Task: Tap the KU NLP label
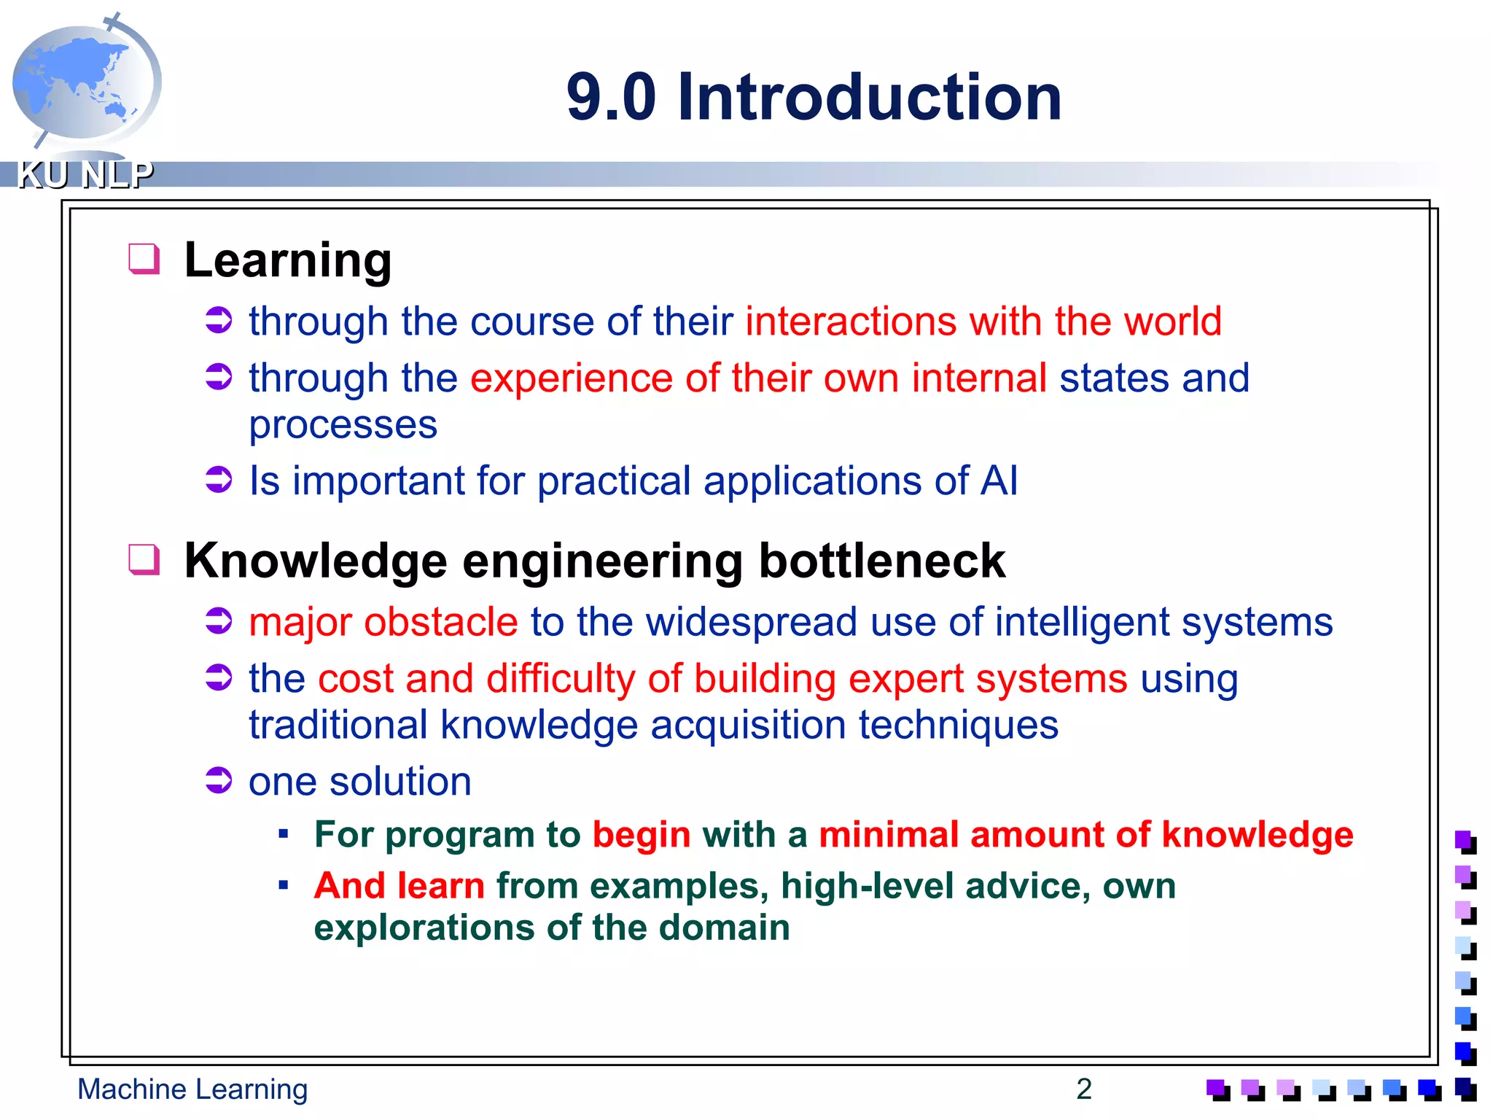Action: click(x=85, y=175)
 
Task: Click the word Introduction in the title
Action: click(x=869, y=97)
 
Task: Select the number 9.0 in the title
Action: click(x=611, y=97)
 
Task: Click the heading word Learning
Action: click(x=288, y=260)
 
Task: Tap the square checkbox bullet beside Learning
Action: click(x=144, y=259)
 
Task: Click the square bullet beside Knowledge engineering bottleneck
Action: click(x=144, y=560)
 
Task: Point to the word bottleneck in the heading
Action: click(x=881, y=561)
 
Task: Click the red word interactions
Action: click(x=850, y=322)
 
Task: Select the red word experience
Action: click(x=571, y=378)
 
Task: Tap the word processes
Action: click(x=343, y=425)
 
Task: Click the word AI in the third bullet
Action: click(x=999, y=481)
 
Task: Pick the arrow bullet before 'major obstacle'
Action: click(x=218, y=621)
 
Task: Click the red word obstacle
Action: click(x=440, y=622)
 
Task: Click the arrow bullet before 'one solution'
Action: click(x=218, y=780)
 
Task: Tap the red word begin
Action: click(x=641, y=835)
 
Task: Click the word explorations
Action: click(x=424, y=928)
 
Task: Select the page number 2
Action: click(x=1083, y=1089)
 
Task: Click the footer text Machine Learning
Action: click(x=192, y=1089)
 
